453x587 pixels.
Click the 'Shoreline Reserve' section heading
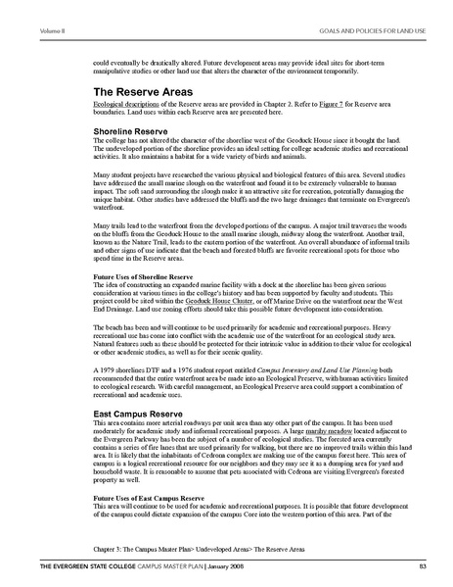[x=131, y=127]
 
